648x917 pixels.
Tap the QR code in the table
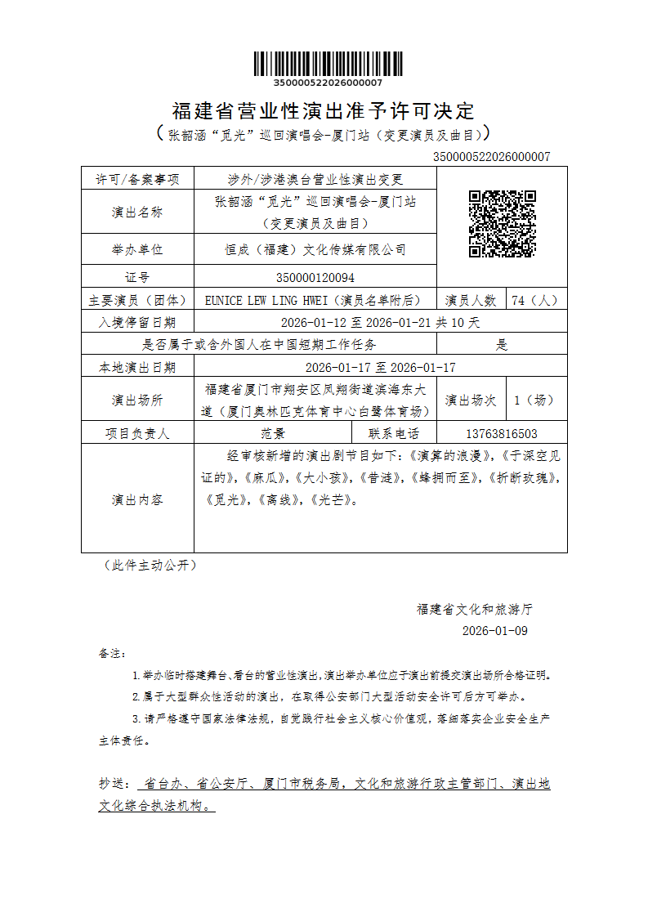pos(502,223)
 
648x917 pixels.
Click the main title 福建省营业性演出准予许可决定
pos(324,110)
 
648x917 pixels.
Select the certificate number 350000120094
pos(315,278)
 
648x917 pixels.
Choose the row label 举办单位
pos(137,249)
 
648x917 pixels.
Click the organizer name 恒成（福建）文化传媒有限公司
pos(315,249)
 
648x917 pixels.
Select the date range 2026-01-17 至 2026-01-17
pos(380,367)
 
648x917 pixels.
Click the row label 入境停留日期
pos(137,322)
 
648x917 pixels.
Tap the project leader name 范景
pos(273,434)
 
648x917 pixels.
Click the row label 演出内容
pos(137,499)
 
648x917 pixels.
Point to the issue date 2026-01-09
pos(495,631)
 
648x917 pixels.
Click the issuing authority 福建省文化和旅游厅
pos(475,609)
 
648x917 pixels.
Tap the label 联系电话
pos(394,434)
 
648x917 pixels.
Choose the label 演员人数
pos(471,300)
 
